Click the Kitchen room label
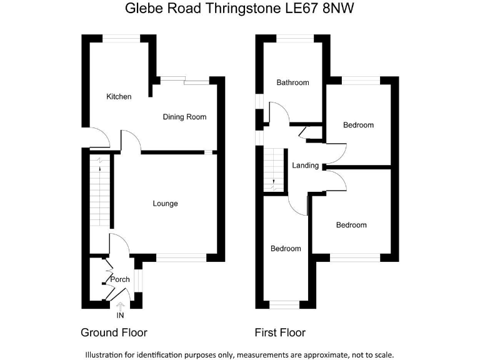coord(119,97)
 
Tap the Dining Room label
coord(184,117)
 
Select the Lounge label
coord(166,203)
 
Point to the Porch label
coord(120,278)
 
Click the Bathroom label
coord(293,82)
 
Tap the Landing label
coord(306,166)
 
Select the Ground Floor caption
coord(114,332)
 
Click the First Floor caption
coord(280,332)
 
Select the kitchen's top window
coord(121,39)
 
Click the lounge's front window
coord(181,257)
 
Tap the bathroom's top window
coord(295,39)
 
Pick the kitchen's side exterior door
coord(97,137)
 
